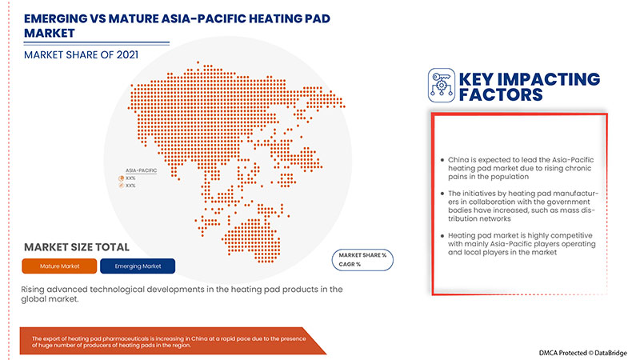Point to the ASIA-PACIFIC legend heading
coord(140,170)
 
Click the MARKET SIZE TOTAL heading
coord(77,246)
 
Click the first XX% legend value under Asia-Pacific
coord(130,178)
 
